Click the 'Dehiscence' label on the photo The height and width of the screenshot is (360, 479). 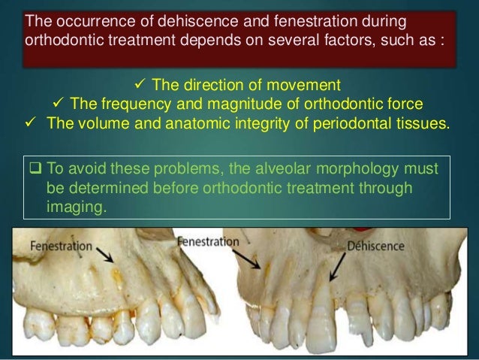tap(375, 246)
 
